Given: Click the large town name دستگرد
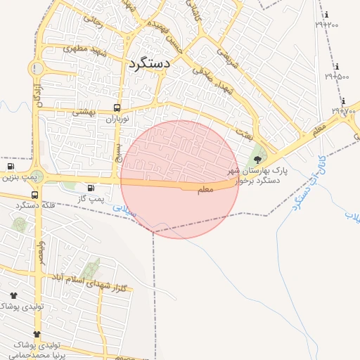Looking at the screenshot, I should coord(150,63).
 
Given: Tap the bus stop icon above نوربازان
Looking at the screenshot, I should coord(117,108).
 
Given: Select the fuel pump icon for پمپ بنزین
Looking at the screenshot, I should coord(11,167).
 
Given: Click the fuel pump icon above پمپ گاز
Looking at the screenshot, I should coord(91,188).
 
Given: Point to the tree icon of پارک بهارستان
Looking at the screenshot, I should coord(257,160).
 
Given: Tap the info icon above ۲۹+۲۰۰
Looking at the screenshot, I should coord(326,15).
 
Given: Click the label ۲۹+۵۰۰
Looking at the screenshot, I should coord(337,75).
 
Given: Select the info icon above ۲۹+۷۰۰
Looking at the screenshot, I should coord(343,101).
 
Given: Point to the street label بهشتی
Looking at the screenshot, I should coord(84,111).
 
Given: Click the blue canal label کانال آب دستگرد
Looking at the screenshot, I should coord(306,184).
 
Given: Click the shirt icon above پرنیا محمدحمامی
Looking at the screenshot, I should coord(37,334).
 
